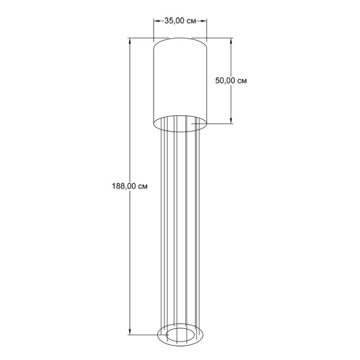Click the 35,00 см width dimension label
[x=180, y=21]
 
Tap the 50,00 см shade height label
[x=231, y=80]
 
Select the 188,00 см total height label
[x=130, y=186]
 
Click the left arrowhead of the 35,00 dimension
[x=157, y=21]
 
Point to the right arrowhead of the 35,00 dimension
[x=203, y=21]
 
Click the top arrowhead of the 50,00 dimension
[x=231, y=41]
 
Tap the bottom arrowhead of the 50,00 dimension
[x=231, y=121]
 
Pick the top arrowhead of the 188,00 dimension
[x=130, y=41]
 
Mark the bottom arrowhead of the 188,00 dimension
[x=130, y=332]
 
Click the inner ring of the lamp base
[x=180, y=329]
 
